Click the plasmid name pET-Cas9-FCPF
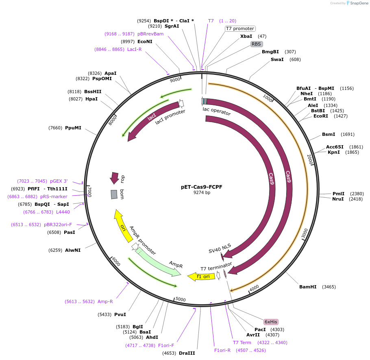(x=202, y=187)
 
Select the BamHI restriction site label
(x=308, y=287)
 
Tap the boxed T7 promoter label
(x=240, y=28)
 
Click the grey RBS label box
(x=256, y=44)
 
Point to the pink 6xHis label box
(x=271, y=322)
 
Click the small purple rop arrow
(x=114, y=178)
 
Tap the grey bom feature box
(x=114, y=194)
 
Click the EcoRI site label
(x=320, y=116)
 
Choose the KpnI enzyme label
(x=334, y=152)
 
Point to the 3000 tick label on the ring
(x=305, y=233)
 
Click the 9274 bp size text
(x=202, y=193)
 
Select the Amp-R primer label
(x=105, y=301)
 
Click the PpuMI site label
(x=73, y=128)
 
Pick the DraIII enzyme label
(x=187, y=353)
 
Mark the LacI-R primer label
(x=134, y=49)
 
